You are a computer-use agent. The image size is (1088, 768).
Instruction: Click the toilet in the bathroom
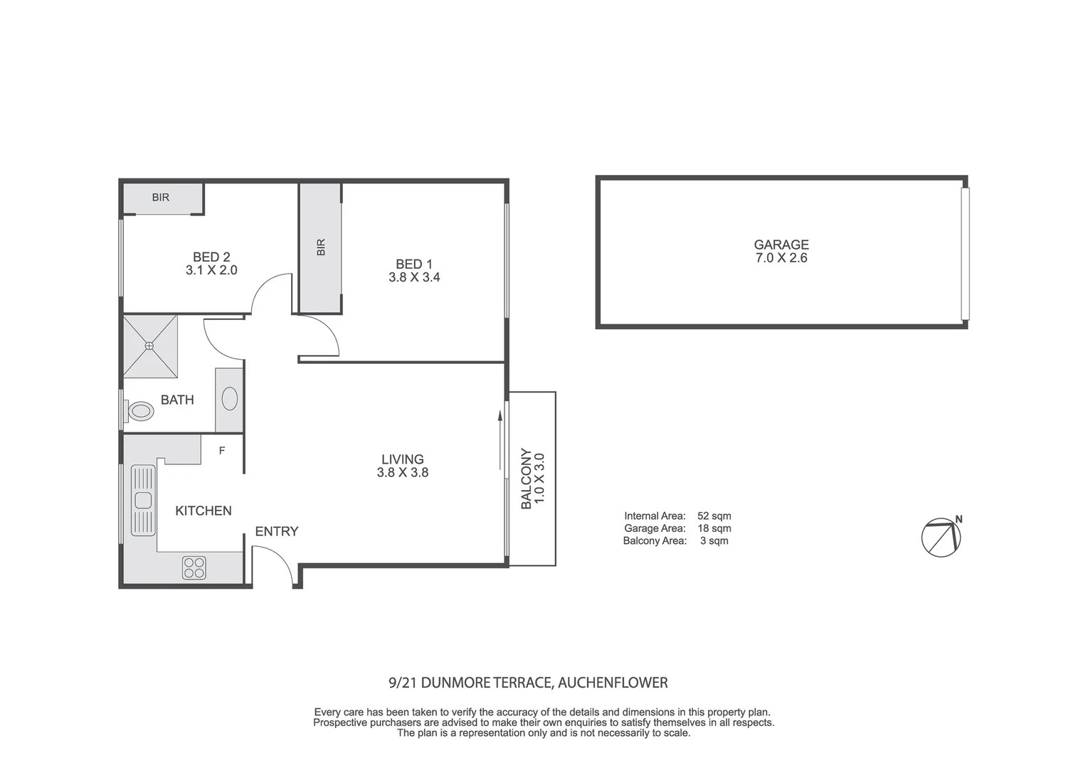click(x=139, y=411)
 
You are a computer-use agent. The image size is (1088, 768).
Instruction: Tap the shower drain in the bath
click(x=149, y=346)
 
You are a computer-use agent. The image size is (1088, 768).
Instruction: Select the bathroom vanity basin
click(x=229, y=399)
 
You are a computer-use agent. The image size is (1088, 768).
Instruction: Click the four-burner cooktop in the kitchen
click(x=194, y=567)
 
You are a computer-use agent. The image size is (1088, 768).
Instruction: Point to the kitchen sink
click(x=143, y=500)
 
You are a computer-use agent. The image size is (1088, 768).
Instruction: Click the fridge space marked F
click(x=222, y=450)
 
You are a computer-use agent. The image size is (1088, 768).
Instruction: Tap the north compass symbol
click(x=941, y=537)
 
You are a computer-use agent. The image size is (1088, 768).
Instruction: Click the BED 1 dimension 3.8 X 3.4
click(x=414, y=277)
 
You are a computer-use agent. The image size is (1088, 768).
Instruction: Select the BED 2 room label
click(x=211, y=257)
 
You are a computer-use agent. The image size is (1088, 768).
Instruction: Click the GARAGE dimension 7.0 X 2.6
click(x=781, y=258)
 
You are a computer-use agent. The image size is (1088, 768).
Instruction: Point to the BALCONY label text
click(x=526, y=479)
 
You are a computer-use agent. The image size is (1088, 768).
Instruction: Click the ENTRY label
click(x=277, y=531)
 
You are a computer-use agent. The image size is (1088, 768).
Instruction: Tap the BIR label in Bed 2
click(x=161, y=198)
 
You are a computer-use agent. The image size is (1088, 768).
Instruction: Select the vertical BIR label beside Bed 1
click(x=320, y=247)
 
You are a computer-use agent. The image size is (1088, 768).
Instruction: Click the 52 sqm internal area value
click(x=714, y=516)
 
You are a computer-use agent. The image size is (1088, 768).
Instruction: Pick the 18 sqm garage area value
click(x=714, y=528)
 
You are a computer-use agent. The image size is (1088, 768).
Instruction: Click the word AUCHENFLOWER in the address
click(x=613, y=683)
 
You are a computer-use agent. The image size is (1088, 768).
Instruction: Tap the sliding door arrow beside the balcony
click(x=500, y=441)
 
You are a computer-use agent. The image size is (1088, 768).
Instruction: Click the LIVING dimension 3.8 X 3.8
click(x=403, y=472)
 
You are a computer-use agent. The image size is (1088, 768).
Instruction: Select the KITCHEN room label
click(x=204, y=511)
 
